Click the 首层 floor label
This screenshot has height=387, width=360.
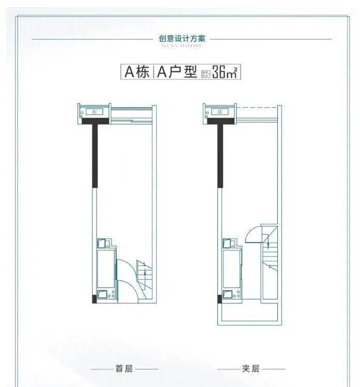point(124,369)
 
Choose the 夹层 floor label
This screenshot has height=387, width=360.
point(251,369)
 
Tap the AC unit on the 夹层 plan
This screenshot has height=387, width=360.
point(220,111)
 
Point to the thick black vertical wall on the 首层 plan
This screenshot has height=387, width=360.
point(95,155)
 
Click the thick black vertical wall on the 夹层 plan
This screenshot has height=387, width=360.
point(220,155)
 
